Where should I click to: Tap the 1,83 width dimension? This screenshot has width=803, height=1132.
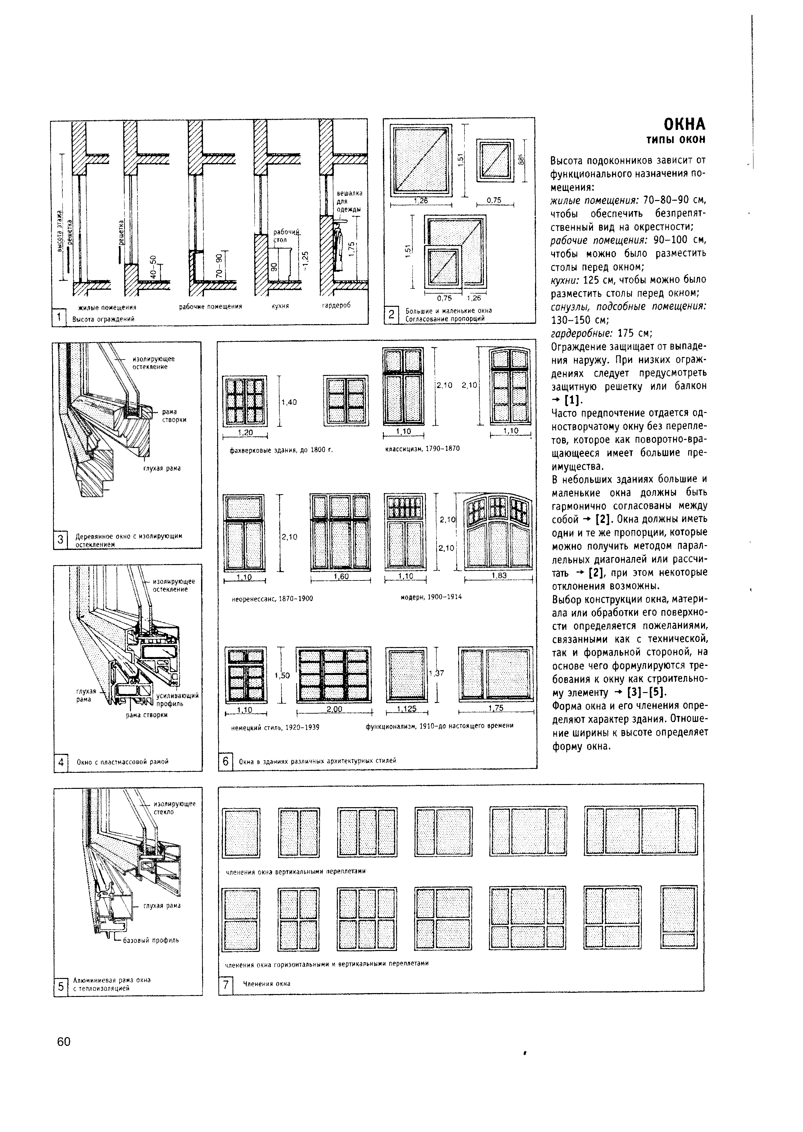coord(499,575)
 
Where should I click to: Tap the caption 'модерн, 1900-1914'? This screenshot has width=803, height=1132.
coord(431,597)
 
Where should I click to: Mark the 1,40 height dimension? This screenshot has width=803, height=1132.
coord(289,402)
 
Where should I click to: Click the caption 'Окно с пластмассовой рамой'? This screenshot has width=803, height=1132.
coord(123,762)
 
